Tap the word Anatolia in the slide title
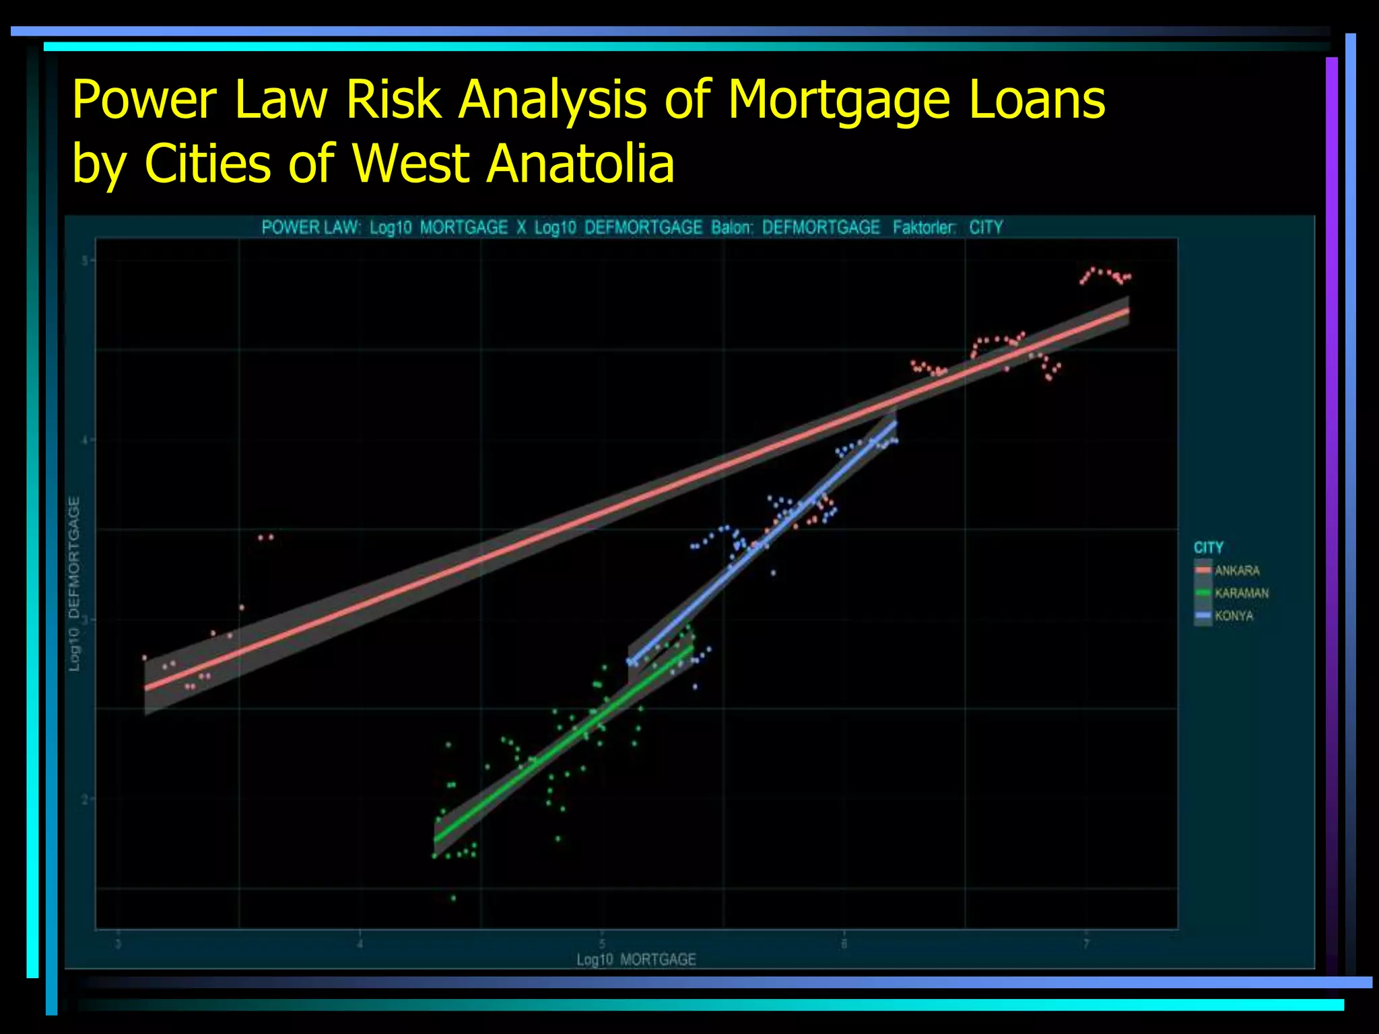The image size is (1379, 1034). tap(580, 164)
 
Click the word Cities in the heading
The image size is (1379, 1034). tap(207, 164)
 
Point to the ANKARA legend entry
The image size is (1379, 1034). tap(1236, 571)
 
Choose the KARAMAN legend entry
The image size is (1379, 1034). tap(1241, 593)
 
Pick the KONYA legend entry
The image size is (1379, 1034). tap(1234, 616)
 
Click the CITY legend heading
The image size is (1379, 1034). tap(1208, 547)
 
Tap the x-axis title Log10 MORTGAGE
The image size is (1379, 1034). tap(636, 959)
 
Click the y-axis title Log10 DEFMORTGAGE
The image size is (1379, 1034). tap(75, 584)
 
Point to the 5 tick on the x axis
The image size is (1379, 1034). tap(602, 944)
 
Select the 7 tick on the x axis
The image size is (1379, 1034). tap(1085, 944)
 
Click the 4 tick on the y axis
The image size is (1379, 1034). tap(85, 440)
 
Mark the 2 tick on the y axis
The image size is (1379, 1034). tap(85, 799)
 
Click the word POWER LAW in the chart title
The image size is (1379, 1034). tap(309, 228)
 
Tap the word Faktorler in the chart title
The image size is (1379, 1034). tap(924, 228)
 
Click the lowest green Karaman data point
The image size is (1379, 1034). tap(453, 897)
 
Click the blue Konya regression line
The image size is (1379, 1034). tap(761, 539)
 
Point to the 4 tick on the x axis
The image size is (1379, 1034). tap(360, 944)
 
